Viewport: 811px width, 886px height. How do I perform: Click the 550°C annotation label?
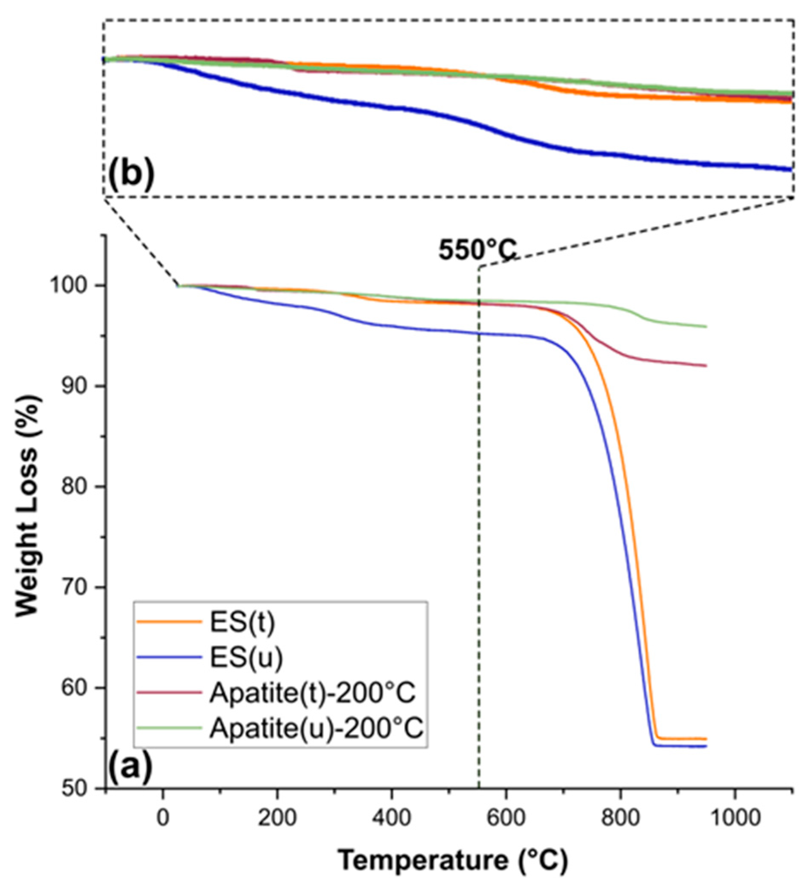coord(477,251)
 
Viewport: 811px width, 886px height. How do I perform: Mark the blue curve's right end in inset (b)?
coord(791,169)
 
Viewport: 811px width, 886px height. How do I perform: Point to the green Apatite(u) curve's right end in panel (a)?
coord(706,327)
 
